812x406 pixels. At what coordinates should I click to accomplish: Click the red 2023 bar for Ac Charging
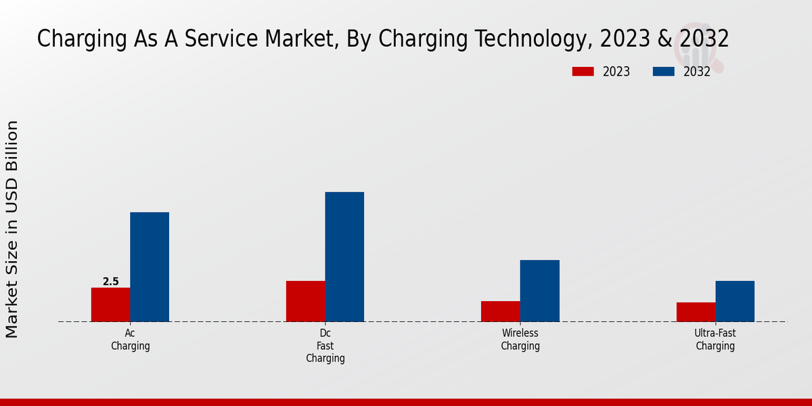(x=110, y=304)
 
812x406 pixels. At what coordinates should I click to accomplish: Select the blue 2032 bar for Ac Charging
(x=150, y=267)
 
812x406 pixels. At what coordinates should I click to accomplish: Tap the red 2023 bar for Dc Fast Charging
(x=305, y=301)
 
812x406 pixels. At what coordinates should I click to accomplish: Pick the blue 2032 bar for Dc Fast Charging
(x=344, y=256)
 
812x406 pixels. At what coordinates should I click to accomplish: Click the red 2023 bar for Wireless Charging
(x=501, y=311)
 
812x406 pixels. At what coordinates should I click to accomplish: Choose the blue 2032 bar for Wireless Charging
(x=540, y=290)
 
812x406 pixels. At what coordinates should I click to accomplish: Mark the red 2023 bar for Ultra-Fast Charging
(x=696, y=312)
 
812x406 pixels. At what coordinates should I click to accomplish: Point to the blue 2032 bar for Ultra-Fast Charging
(x=735, y=301)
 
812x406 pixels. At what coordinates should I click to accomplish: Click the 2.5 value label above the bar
(x=110, y=281)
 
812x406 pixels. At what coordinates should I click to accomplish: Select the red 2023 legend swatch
(x=583, y=72)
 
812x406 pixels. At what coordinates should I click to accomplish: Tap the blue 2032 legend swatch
(x=663, y=72)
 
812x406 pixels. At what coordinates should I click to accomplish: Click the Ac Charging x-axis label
(x=130, y=340)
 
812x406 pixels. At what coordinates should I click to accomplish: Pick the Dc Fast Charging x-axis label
(x=325, y=346)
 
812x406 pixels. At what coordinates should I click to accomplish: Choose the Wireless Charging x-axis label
(x=520, y=340)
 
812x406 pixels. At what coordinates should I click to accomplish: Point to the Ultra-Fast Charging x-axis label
(x=715, y=340)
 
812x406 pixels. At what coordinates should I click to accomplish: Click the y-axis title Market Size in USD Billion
(x=12, y=229)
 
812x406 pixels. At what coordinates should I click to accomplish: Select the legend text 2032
(x=697, y=72)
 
